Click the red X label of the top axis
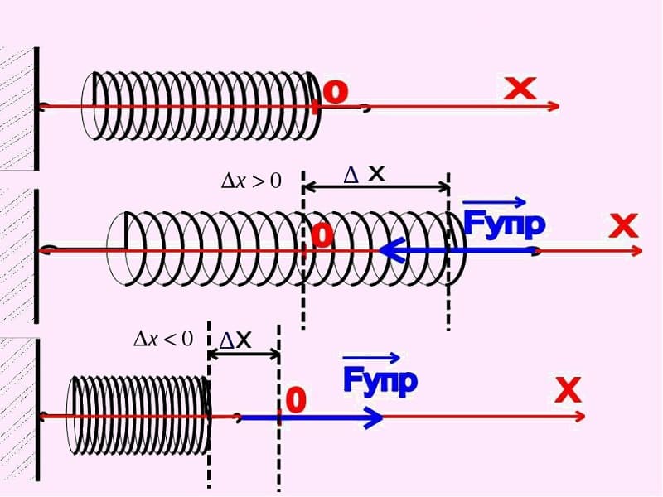520,89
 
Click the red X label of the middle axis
623,225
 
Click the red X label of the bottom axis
568,390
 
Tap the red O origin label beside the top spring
336,91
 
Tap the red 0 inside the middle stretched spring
322,236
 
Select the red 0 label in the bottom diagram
296,400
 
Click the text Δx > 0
251,181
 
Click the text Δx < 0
163,339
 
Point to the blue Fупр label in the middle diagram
504,224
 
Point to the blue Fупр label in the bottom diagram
380,381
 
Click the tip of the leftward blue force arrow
380,250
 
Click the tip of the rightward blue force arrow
383,417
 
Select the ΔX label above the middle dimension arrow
364,174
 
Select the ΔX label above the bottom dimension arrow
235,340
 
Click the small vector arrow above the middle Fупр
494,203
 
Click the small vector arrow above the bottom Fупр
370,359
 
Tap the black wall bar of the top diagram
36,109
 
